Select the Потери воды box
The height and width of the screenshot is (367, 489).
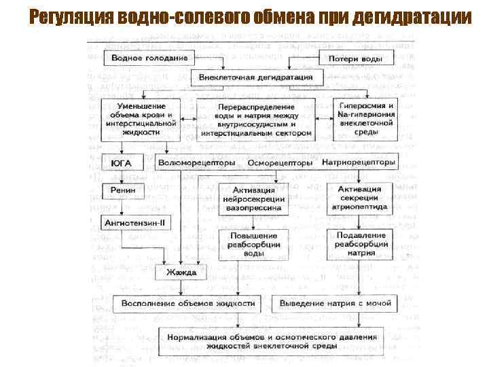pyautogui.click(x=355, y=58)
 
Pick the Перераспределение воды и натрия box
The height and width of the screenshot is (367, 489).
pyautogui.click(x=256, y=120)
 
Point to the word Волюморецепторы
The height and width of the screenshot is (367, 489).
pyautogui.click(x=197, y=164)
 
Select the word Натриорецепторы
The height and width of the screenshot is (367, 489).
pyautogui.click(x=358, y=164)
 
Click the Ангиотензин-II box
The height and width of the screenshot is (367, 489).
pyautogui.click(x=135, y=222)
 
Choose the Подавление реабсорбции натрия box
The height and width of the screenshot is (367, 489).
pyautogui.click(x=361, y=243)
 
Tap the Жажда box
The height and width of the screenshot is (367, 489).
pyautogui.click(x=181, y=272)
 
